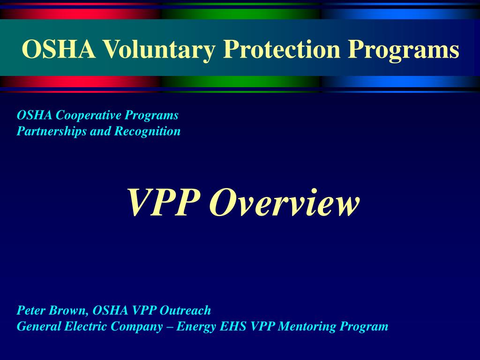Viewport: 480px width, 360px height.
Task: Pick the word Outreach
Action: (x=185, y=310)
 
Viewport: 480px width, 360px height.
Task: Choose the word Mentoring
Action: (x=307, y=326)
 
